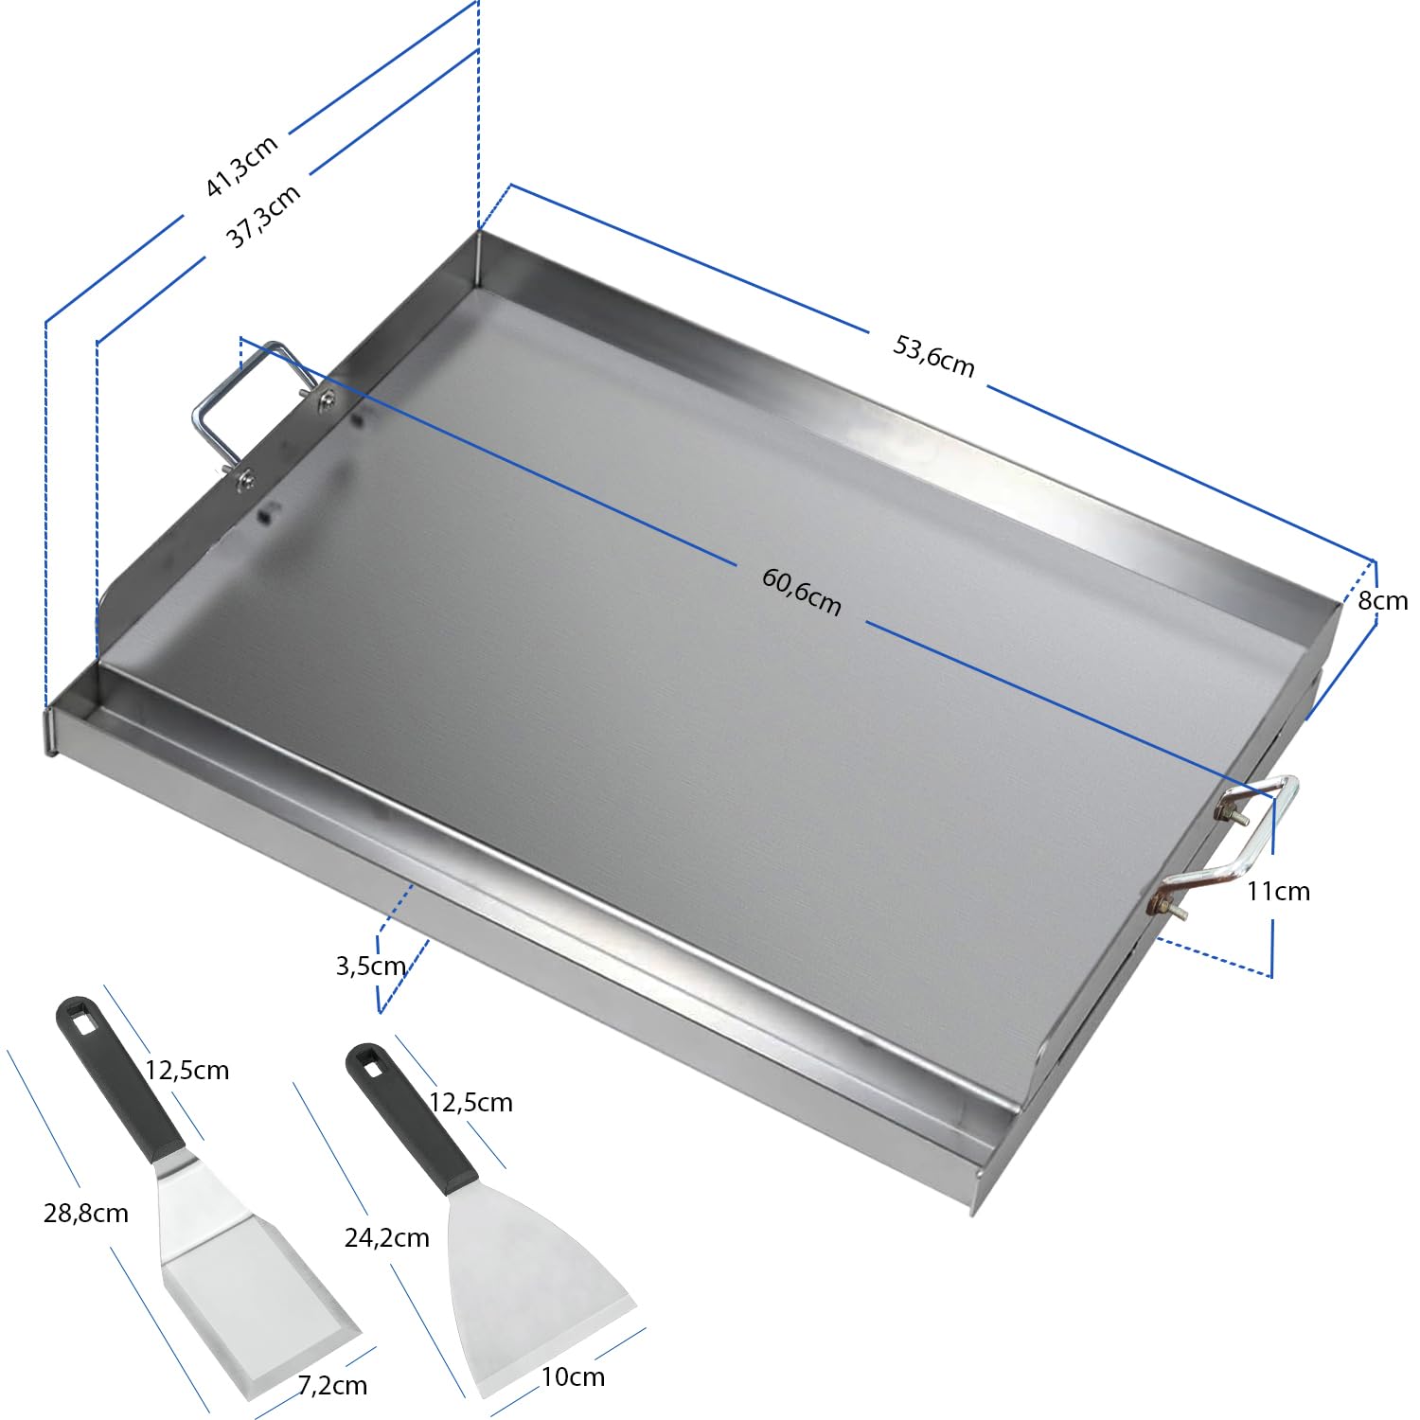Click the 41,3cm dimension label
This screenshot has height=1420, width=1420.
click(242, 166)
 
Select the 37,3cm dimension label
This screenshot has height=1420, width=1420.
click(264, 216)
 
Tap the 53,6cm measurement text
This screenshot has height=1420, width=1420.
click(933, 356)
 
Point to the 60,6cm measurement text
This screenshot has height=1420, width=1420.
click(801, 592)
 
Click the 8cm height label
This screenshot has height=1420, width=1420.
click(1382, 601)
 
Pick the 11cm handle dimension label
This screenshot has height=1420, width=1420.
click(1278, 891)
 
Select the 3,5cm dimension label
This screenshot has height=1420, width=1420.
click(371, 966)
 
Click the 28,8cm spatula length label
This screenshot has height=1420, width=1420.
click(86, 1213)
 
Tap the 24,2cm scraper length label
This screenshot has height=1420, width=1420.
click(386, 1237)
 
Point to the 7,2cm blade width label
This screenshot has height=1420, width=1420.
click(332, 1385)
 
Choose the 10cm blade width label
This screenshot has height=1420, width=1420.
click(573, 1376)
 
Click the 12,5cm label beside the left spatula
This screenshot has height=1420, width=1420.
click(186, 1070)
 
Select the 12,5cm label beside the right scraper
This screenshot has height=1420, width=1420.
click(470, 1102)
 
